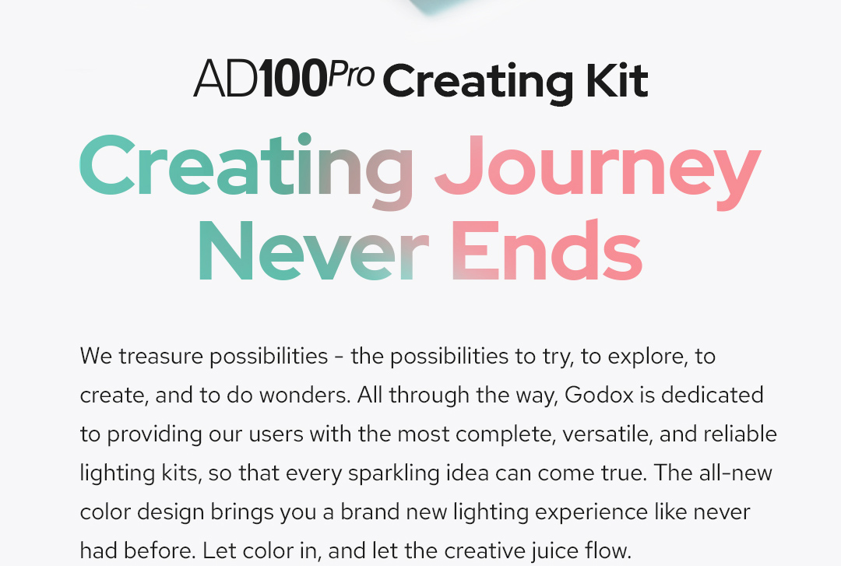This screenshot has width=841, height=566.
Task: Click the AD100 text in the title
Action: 260,79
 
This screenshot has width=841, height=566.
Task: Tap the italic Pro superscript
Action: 350,74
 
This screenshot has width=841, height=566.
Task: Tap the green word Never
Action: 314,250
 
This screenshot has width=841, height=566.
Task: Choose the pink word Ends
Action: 547,250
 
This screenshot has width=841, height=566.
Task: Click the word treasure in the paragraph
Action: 161,357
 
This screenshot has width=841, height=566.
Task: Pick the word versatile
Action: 607,434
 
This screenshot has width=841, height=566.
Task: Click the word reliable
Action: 741,434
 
